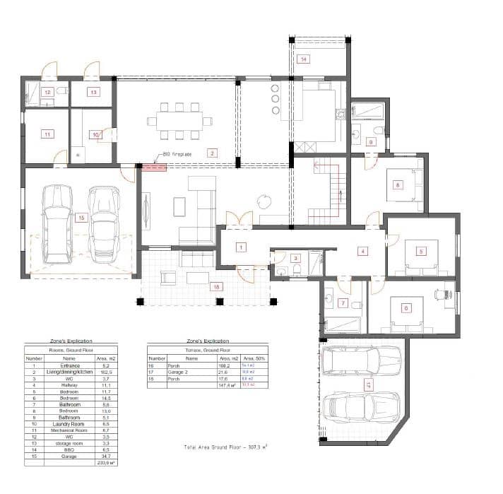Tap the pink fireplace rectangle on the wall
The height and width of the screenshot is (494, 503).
pos(154,167)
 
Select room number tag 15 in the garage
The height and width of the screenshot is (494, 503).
pos(81,218)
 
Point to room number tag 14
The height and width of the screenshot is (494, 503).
pos(303,59)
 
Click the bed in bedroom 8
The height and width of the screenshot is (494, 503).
pos(399,185)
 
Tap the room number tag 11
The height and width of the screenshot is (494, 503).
pos(47,134)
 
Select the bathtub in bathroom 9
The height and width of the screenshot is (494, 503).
pos(367,111)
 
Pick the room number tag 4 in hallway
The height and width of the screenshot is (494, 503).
pos(362,251)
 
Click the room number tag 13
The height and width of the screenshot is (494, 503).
pos(93,92)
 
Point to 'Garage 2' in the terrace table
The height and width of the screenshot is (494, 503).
pos(176,371)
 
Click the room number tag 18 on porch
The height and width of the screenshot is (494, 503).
pos(217,287)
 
